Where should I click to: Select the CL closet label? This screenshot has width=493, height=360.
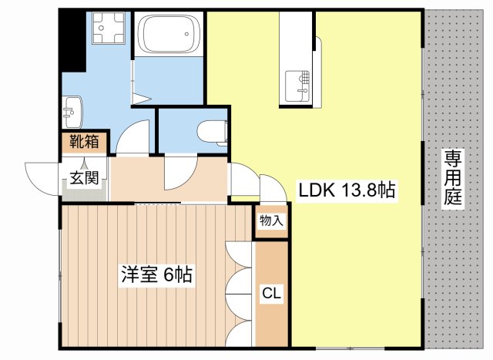point(270,294)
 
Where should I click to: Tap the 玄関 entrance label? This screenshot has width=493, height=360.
point(84,178)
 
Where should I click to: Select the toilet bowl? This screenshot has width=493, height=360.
point(213,132)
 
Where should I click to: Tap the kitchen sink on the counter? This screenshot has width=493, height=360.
point(300,85)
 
